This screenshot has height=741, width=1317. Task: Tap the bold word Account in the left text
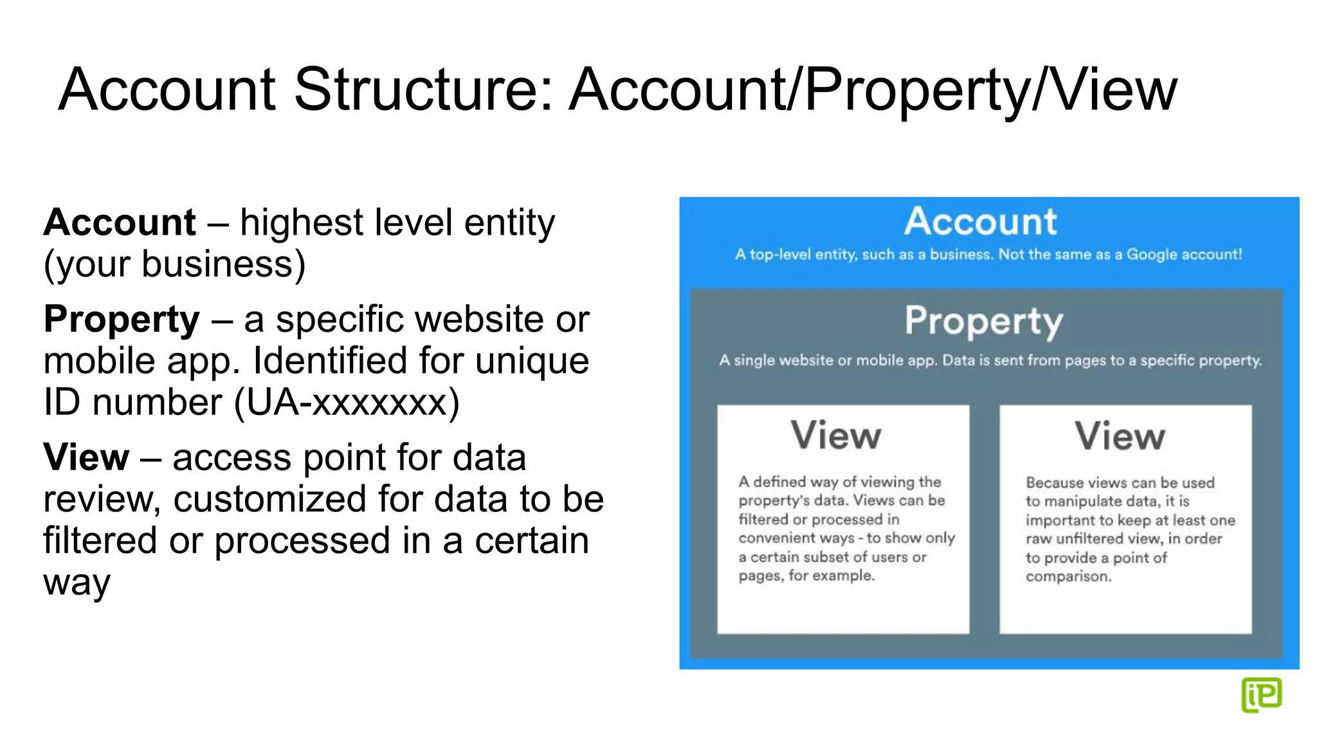pos(120,223)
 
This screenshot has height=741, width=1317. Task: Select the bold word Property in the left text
pos(122,320)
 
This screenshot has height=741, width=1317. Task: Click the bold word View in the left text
pos(86,457)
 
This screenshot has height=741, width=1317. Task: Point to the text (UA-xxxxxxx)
pos(347,403)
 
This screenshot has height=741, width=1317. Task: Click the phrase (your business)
pos(174,264)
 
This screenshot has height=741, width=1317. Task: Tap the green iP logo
pos(1261,695)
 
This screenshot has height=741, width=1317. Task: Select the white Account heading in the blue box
pos(980,222)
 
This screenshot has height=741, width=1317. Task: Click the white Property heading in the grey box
pos(984,320)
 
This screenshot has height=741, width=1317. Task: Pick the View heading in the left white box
pos(835,435)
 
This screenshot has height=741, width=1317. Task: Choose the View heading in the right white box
pos(1120,436)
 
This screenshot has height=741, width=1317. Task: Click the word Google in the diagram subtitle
pos(1152,255)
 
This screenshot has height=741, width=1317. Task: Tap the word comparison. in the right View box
pos(1068,576)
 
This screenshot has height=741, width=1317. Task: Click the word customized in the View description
pos(270,500)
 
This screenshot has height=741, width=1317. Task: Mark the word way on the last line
pos(77,584)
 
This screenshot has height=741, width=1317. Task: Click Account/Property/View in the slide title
pos(873,90)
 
